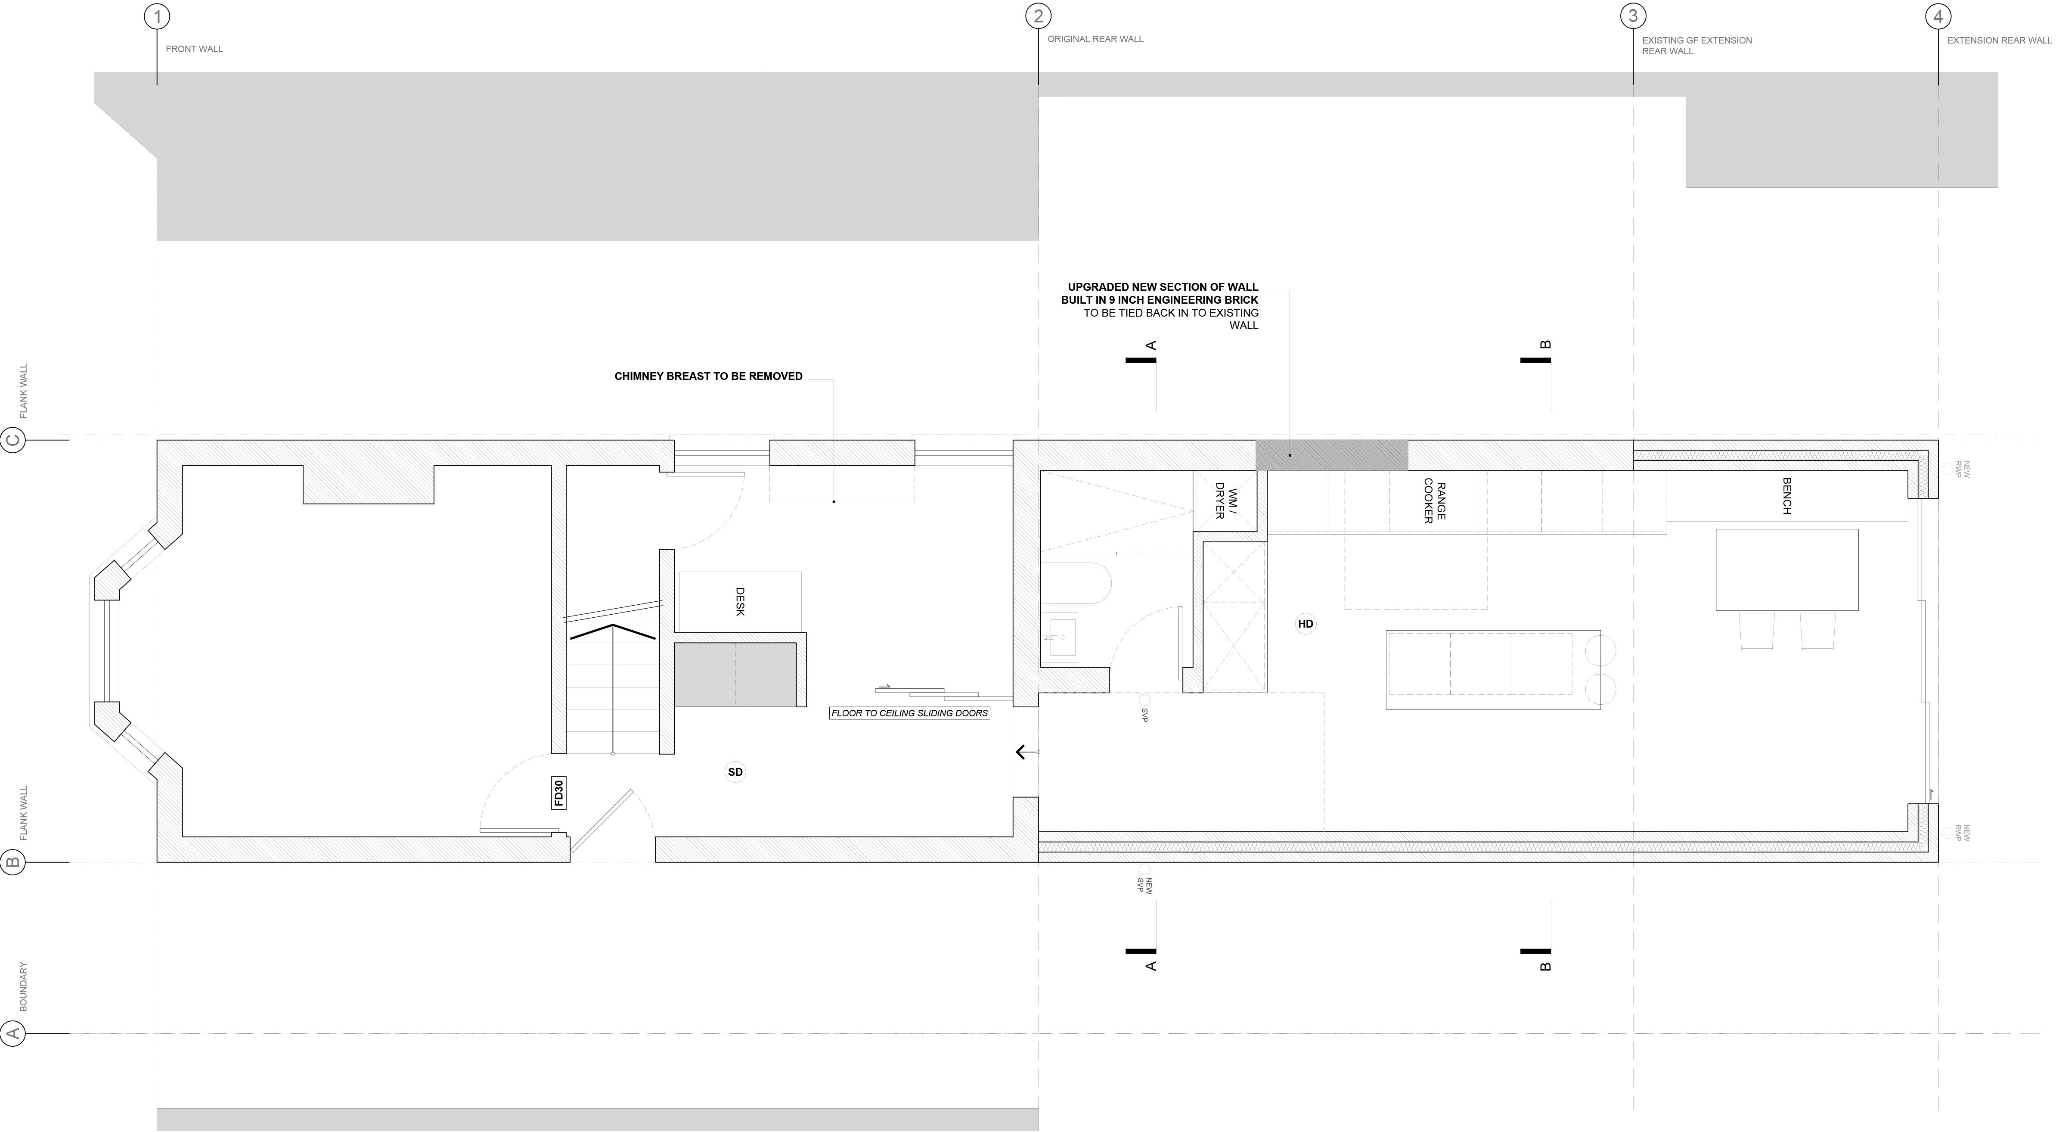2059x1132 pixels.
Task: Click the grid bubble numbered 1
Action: [x=157, y=16]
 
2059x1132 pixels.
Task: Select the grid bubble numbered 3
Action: [x=1633, y=16]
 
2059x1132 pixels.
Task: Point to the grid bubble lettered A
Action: [x=14, y=1034]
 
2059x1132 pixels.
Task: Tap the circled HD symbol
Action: [x=1305, y=624]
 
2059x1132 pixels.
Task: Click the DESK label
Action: [x=740, y=602]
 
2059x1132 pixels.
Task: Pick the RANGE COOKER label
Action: [x=1435, y=501]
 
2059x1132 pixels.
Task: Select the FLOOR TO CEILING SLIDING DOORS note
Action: [x=910, y=713]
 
